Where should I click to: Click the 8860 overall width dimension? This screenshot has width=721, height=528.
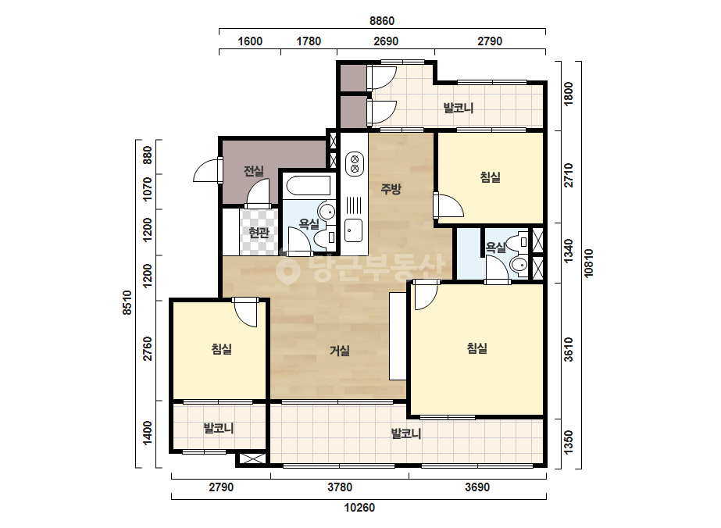pos(382,21)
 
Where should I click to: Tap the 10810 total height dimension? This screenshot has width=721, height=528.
pos(588,263)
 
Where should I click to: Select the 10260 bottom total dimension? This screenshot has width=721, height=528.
pos(359,508)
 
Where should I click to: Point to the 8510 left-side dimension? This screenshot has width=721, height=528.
pos(127,302)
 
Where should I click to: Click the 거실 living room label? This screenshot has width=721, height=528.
pos(340,351)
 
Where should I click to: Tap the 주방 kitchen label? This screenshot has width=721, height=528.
pos(391,188)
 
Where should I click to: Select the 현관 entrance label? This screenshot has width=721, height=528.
pos(259,233)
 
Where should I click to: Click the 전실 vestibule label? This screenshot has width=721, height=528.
pos(253,171)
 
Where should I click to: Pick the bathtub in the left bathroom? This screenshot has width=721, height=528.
pos(308,187)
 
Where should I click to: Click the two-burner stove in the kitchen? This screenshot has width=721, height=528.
pos(354,164)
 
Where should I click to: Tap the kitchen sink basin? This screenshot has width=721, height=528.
pos(354,230)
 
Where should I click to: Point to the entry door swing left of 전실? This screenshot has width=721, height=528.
pos(205,170)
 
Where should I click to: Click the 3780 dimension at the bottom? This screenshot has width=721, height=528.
pos(340,487)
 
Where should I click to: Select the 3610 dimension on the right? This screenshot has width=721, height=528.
pos(569,350)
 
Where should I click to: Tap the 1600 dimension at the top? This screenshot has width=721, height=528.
pos(250,41)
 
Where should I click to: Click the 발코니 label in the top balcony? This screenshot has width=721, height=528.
pos(458,108)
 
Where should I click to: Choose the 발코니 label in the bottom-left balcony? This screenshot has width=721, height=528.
pos(219,429)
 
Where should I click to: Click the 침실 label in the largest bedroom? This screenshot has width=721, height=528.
pos(477,348)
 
